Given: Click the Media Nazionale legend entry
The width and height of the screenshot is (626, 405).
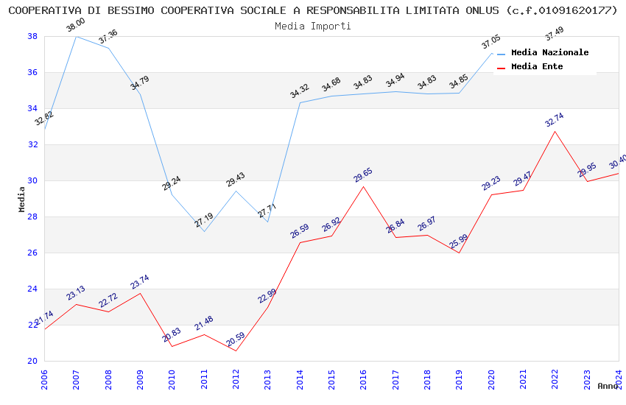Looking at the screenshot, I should click(549, 53).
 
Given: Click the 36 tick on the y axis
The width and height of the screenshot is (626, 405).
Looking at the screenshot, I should click(33, 72).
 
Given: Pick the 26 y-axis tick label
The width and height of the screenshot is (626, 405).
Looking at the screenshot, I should click(33, 253).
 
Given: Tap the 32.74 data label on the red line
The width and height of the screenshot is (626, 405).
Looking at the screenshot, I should click(555, 120).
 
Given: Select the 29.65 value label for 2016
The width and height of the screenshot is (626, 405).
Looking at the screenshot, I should click(363, 175).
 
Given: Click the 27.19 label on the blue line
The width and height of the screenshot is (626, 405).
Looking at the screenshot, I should click(204, 219).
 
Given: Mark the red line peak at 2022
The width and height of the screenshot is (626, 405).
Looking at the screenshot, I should click(555, 131).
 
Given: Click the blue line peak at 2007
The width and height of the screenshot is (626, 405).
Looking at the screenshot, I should click(76, 36).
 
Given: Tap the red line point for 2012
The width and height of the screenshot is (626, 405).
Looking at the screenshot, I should click(236, 351).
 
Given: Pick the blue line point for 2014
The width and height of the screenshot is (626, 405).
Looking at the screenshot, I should click(300, 102).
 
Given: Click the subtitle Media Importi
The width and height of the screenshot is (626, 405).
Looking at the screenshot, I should click(313, 26).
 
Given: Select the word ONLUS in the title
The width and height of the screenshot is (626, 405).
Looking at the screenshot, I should click(481, 10).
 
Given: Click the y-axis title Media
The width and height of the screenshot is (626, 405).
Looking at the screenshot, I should click(21, 199).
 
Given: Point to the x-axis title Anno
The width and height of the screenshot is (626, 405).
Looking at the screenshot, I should click(608, 386).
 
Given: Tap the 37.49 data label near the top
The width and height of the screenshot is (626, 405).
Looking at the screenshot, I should click(555, 35).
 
